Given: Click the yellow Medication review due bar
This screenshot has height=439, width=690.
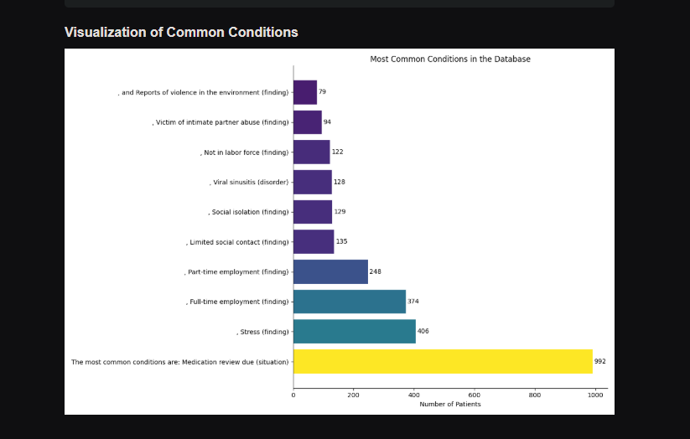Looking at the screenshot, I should pyautogui.click(x=443, y=361).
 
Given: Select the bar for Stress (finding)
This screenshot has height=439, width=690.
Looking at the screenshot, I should pyautogui.click(x=354, y=332).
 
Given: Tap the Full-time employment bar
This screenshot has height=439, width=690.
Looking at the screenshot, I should pyautogui.click(x=349, y=302).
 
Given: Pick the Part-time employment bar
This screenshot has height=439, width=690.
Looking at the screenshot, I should pyautogui.click(x=330, y=271).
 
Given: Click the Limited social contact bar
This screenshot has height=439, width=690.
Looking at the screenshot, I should pyautogui.click(x=314, y=242).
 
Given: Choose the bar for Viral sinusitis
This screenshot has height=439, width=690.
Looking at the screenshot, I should pyautogui.click(x=312, y=182).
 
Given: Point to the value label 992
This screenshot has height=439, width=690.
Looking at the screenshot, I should pyautogui.click(x=599, y=362).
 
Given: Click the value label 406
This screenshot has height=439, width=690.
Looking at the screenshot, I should pyautogui.click(x=423, y=332).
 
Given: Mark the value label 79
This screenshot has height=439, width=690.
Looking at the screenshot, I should pyautogui.click(x=322, y=92).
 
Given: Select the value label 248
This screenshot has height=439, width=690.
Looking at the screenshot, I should pyautogui.click(x=375, y=272).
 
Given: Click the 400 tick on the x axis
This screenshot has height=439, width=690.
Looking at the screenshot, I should pyautogui.click(x=414, y=395).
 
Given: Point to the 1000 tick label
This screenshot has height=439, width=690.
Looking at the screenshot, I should pyautogui.click(x=595, y=395).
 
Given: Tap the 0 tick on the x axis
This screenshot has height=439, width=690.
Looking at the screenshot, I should pyautogui.click(x=293, y=395).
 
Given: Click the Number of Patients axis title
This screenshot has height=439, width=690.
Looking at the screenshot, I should pyautogui.click(x=449, y=405).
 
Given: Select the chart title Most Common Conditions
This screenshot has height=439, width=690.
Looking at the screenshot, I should pyautogui.click(x=449, y=59).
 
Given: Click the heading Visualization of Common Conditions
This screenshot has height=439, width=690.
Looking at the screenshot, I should pyautogui.click(x=181, y=33).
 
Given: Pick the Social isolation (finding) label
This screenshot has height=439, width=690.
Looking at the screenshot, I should pyautogui.click(x=249, y=213).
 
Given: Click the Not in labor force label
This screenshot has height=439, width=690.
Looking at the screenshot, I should pyautogui.click(x=245, y=152).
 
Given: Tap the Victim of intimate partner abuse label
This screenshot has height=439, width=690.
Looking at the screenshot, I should pyautogui.click(x=220, y=122).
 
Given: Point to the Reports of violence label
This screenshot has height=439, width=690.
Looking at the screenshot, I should pyautogui.click(x=204, y=92).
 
